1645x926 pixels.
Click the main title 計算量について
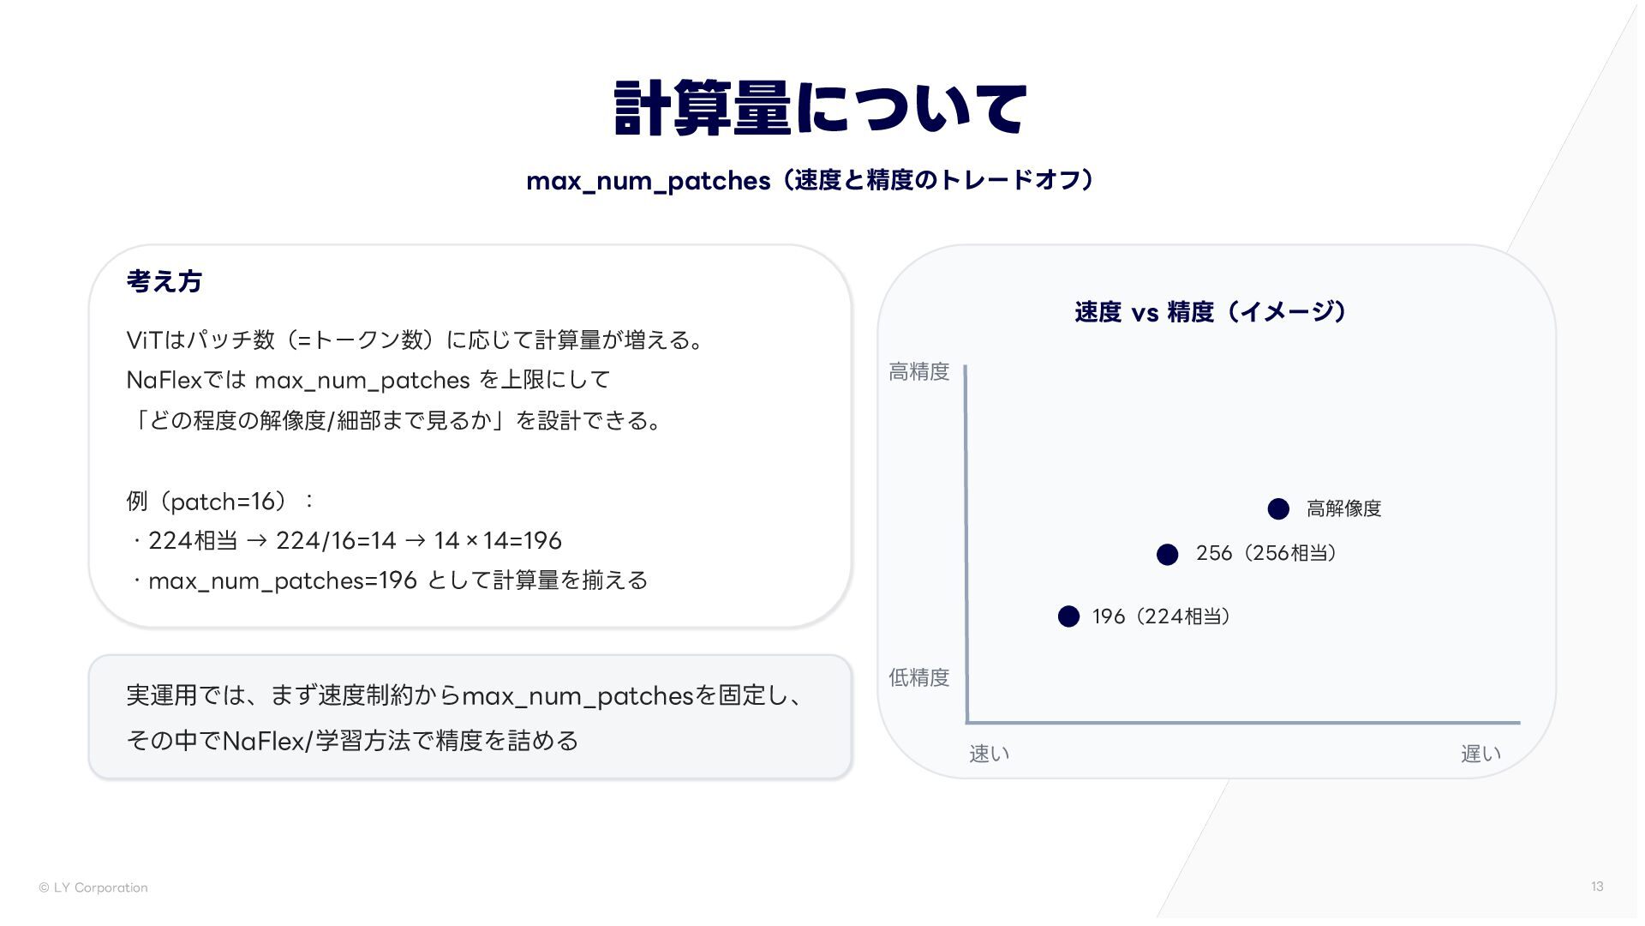(820, 108)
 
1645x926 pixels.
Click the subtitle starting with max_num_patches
(811, 180)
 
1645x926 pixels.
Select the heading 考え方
(164, 281)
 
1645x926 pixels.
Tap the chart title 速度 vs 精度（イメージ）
(1211, 311)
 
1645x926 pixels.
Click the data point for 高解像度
(1278, 509)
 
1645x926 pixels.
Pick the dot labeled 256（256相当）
(1167, 555)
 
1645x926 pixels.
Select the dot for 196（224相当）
(1068, 616)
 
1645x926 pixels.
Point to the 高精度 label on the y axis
(919, 371)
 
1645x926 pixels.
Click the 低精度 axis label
(919, 677)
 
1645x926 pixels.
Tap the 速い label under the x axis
(990, 754)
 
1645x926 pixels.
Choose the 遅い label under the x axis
(1481, 754)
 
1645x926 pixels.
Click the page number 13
(1597, 887)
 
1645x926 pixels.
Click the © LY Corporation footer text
(93, 887)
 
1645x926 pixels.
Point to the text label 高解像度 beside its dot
(1344, 508)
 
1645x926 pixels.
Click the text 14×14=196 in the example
(498, 540)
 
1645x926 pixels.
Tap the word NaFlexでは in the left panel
(186, 379)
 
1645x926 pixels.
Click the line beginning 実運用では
(466, 695)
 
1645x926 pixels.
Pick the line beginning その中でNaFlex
(352, 740)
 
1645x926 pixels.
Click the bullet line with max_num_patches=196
(389, 580)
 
